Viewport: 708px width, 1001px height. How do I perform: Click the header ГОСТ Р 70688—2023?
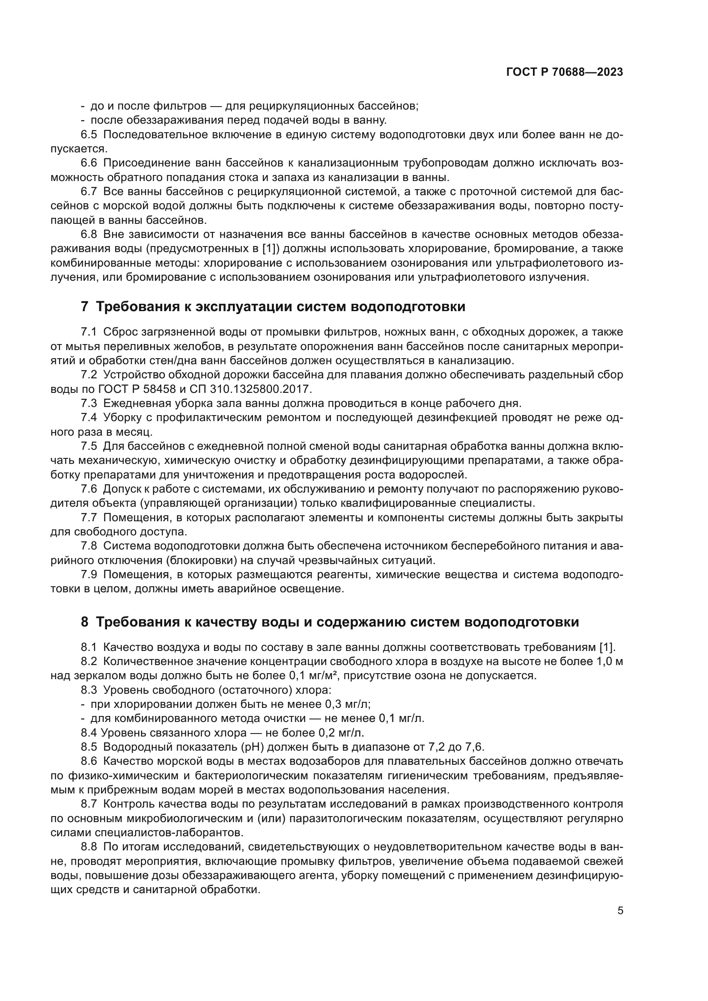coord(565,72)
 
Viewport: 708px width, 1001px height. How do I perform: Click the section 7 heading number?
coord(85,307)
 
